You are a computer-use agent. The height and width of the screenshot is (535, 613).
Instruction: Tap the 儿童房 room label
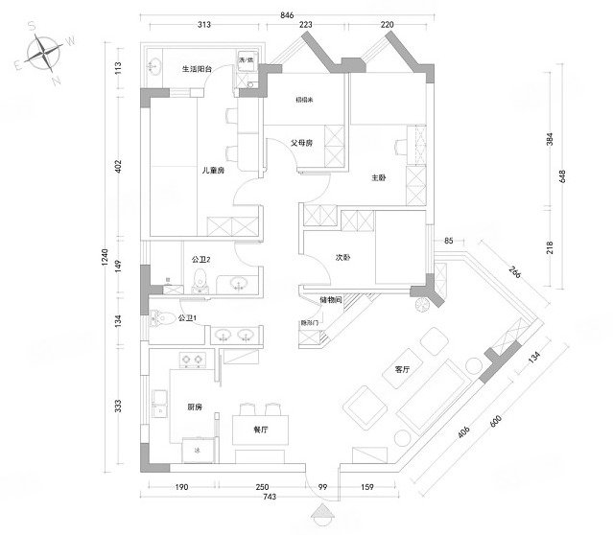point(212,171)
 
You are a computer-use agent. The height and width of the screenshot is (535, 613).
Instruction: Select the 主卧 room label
point(378,178)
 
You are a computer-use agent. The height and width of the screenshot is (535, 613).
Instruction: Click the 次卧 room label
point(342,257)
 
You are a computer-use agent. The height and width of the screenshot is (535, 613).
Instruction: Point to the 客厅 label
point(403,369)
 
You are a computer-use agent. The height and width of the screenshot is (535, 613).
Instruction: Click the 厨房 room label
point(200,407)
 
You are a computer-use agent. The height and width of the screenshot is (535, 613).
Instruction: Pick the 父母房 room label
point(302,144)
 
